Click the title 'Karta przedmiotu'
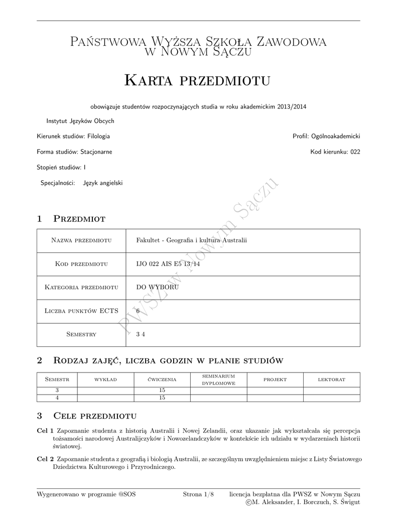pyautogui.click(x=197, y=80)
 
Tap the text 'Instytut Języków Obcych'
pyautogui.click(x=80, y=121)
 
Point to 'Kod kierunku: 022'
pyautogui.click(x=335, y=152)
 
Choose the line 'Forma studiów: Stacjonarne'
pyautogui.click(x=74, y=152)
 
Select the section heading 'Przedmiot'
pyautogui.click(x=79, y=218)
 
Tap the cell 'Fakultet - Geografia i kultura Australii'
pyautogui.click(x=192, y=240)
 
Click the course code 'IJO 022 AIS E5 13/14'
pyautogui.click(x=168, y=264)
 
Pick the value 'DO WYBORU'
pyautogui.click(x=154, y=288)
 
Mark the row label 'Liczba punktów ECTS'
pyautogui.click(x=81, y=311)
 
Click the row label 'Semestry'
pyautogui.click(x=81, y=334)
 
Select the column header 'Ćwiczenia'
pyautogui.click(x=162, y=379)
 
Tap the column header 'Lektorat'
pyautogui.click(x=332, y=379)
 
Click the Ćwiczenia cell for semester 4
pyautogui.click(x=162, y=398)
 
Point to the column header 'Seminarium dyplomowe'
pyautogui.click(x=219, y=379)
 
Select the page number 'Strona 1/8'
pyautogui.click(x=198, y=494)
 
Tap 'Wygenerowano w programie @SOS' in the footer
pyautogui.click(x=86, y=494)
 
